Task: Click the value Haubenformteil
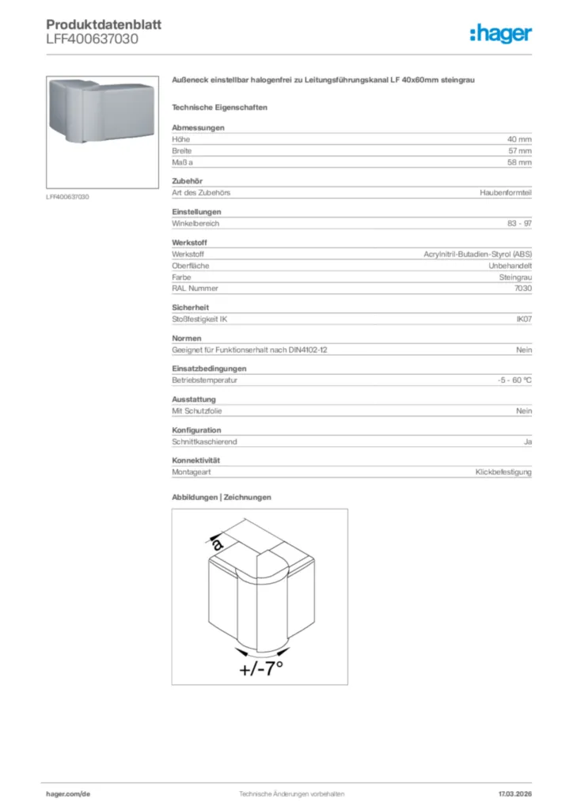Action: [506, 193]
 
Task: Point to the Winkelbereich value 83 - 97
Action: [520, 224]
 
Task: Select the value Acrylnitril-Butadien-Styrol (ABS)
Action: [478, 255]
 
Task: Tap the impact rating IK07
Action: [524, 320]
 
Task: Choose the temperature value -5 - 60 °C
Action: [510, 380]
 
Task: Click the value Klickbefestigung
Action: [504, 472]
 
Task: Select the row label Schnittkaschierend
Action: [204, 441]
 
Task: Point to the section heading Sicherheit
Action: [191, 308]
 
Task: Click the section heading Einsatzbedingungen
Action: [209, 369]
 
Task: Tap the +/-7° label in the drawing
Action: [261, 669]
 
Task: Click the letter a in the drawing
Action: [218, 545]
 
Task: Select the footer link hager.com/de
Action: [70, 793]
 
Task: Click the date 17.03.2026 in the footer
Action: [514, 793]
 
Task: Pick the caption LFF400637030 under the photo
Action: [67, 196]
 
